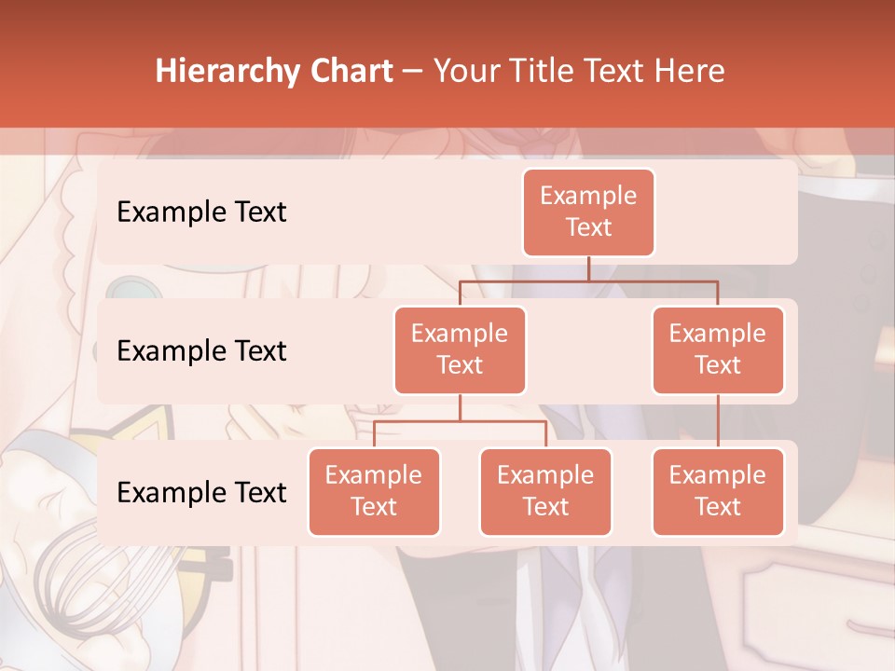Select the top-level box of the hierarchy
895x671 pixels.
pyautogui.click(x=588, y=212)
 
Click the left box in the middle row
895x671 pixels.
pyautogui.click(x=460, y=349)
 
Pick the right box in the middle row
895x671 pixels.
pyautogui.click(x=718, y=349)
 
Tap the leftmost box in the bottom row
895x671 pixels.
pyautogui.click(x=374, y=491)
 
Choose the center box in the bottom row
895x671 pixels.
pyautogui.click(x=545, y=491)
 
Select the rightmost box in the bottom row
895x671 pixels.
pyautogui.click(x=718, y=491)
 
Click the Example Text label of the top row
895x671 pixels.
pyautogui.click(x=201, y=212)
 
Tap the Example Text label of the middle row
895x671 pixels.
pyautogui.click(x=201, y=351)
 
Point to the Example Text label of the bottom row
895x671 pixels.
pyautogui.click(x=201, y=493)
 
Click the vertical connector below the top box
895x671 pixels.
pyautogui.click(x=588, y=268)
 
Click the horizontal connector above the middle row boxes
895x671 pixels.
pyautogui.click(x=588, y=281)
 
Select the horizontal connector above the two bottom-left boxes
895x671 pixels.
pyautogui.click(x=460, y=421)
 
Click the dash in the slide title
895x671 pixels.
pyautogui.click(x=413, y=72)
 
